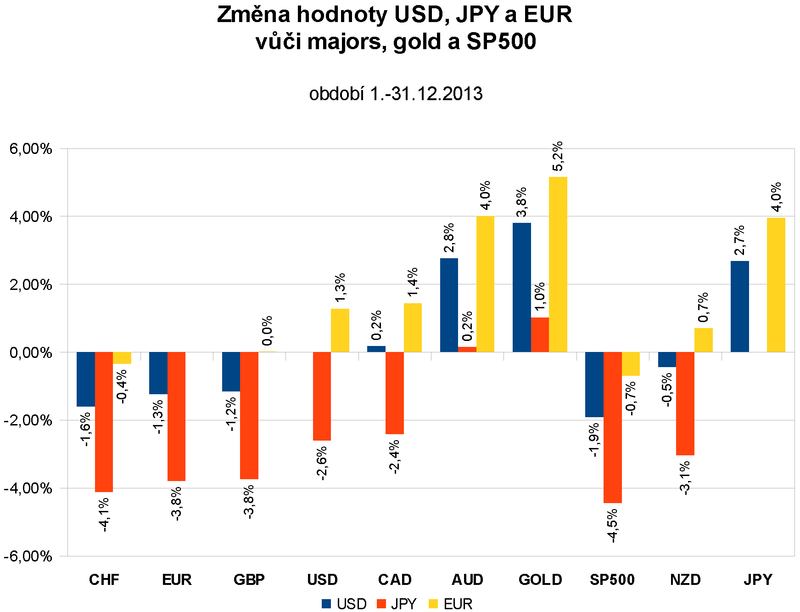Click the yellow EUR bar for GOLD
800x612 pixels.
click(558, 264)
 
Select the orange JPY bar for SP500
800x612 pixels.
click(612, 427)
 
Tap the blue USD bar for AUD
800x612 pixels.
click(449, 305)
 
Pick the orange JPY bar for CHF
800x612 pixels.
click(104, 422)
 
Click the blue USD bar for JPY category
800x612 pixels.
click(739, 306)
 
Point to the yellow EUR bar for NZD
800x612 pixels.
click(703, 340)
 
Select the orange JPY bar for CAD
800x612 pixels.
click(394, 393)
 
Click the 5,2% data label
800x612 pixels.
click(558, 156)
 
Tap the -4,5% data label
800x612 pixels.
click(612, 526)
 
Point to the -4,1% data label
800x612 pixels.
click(104, 515)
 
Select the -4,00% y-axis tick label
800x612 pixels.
click(28, 488)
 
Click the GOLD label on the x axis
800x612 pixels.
click(540, 580)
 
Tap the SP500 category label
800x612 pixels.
click(612, 580)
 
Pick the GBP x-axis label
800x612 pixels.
click(249, 580)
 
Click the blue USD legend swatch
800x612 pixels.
click(326, 604)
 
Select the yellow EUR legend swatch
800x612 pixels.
click(433, 604)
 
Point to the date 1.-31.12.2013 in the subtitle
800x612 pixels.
click(426, 94)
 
